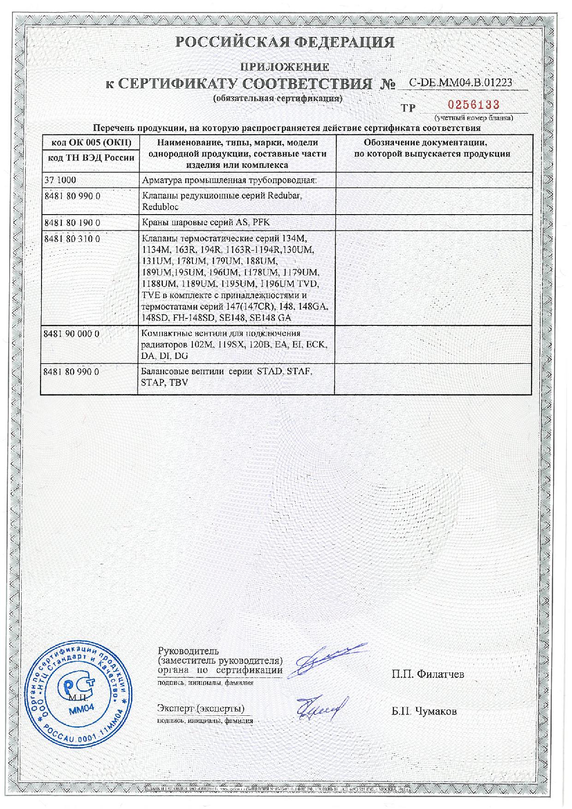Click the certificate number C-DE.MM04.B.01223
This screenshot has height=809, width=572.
(461, 83)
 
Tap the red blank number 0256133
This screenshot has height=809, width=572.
(474, 105)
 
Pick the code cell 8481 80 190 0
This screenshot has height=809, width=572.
(71, 222)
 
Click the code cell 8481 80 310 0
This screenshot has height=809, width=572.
(71, 239)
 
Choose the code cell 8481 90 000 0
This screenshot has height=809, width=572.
(71, 333)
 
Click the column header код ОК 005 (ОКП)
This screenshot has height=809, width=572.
(89, 142)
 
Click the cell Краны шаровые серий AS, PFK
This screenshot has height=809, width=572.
(206, 222)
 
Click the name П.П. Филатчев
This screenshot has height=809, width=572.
(428, 674)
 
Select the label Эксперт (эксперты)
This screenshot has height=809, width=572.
(201, 708)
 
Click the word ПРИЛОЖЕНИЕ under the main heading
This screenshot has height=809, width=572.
(286, 67)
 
